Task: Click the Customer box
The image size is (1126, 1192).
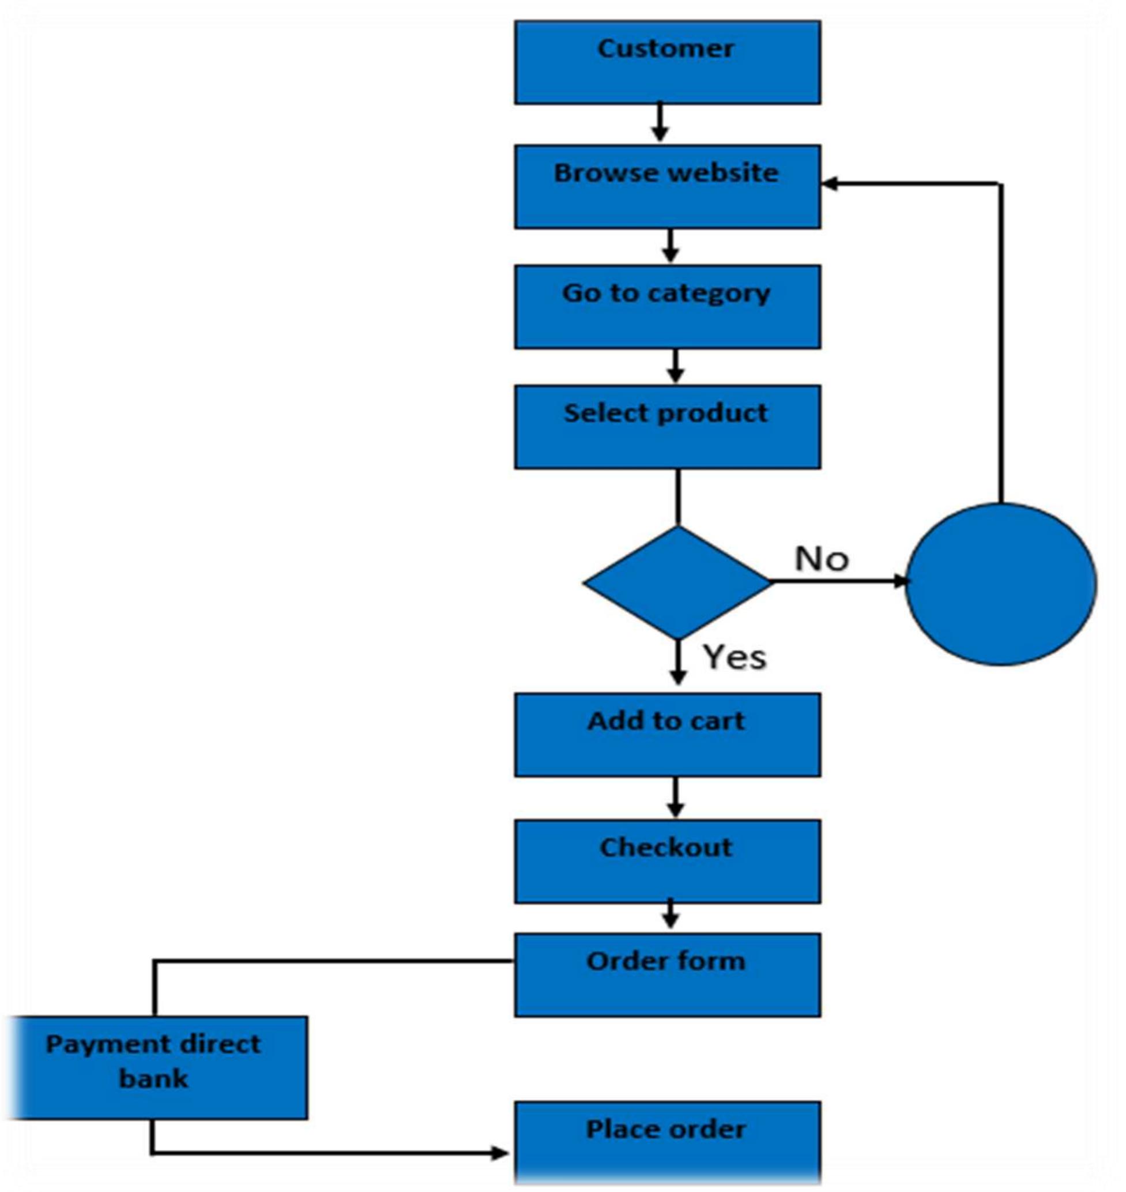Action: click(667, 62)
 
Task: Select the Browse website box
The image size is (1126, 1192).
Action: click(667, 186)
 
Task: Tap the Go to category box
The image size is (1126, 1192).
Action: click(667, 307)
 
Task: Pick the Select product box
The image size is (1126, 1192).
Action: click(667, 427)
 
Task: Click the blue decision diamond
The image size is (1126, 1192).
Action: click(677, 582)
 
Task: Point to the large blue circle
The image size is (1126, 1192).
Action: click(1000, 584)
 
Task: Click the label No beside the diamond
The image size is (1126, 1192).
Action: click(821, 558)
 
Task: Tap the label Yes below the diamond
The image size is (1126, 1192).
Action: click(735, 657)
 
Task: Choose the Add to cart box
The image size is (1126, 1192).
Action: click(667, 735)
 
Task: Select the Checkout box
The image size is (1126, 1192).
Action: click(667, 862)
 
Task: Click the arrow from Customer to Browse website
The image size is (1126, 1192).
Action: click(660, 123)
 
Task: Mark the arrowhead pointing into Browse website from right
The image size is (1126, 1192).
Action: click(830, 183)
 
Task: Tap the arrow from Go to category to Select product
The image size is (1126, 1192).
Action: click(676, 367)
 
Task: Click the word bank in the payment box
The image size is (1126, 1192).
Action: click(154, 1078)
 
